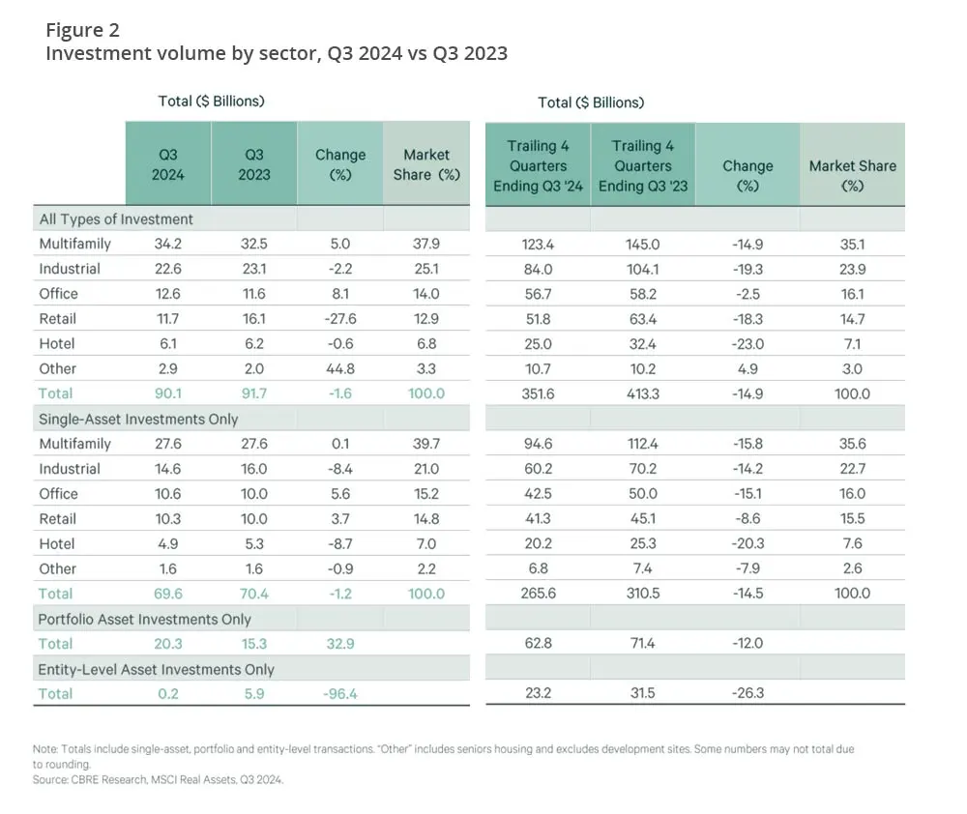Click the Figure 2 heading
tap(82, 30)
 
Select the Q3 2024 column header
tap(168, 164)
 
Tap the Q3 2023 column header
tap(255, 164)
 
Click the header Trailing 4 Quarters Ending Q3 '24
tap(538, 165)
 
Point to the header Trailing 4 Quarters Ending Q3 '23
tap(643, 165)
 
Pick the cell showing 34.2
tap(168, 244)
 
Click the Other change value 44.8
tap(339, 368)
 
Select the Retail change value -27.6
tap(339, 318)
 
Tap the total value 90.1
tap(168, 393)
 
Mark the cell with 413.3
tap(643, 393)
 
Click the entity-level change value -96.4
tap(339, 693)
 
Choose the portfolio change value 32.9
tap(339, 643)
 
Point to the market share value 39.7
tap(426, 444)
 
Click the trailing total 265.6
tap(538, 594)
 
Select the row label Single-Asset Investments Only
tap(138, 419)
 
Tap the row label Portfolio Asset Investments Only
tap(144, 619)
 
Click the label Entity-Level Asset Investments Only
tap(156, 669)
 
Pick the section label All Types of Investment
tap(116, 218)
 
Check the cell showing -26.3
tap(747, 693)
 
